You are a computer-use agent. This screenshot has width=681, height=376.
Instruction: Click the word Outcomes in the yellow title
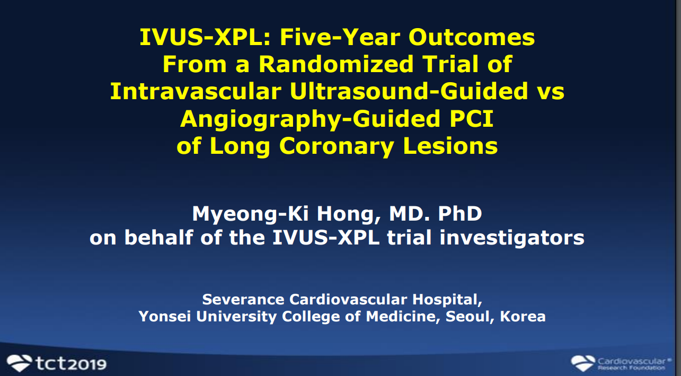click(471, 37)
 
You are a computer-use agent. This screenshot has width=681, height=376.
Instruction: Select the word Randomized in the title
click(336, 64)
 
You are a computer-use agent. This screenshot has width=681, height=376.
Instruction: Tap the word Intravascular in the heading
click(196, 91)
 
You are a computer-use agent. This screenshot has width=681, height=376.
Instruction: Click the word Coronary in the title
click(337, 146)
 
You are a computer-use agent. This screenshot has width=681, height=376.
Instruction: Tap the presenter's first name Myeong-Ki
click(251, 214)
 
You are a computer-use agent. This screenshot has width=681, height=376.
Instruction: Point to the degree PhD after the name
click(460, 214)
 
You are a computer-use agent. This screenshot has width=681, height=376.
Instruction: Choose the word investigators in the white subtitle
click(512, 238)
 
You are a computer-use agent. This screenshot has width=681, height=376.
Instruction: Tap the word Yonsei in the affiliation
click(165, 317)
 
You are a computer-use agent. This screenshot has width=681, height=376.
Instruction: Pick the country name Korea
click(523, 317)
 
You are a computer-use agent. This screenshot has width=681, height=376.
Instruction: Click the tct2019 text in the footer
click(71, 363)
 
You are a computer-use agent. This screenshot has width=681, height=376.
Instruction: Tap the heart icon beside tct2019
click(20, 363)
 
